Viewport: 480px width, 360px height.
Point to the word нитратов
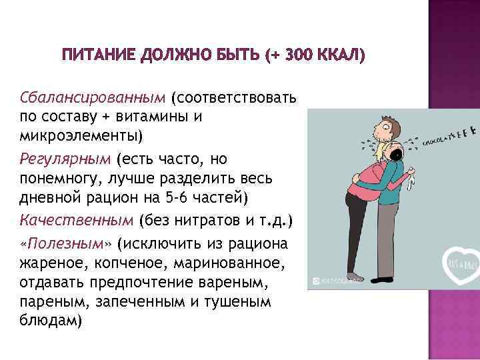tap(201, 220)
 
